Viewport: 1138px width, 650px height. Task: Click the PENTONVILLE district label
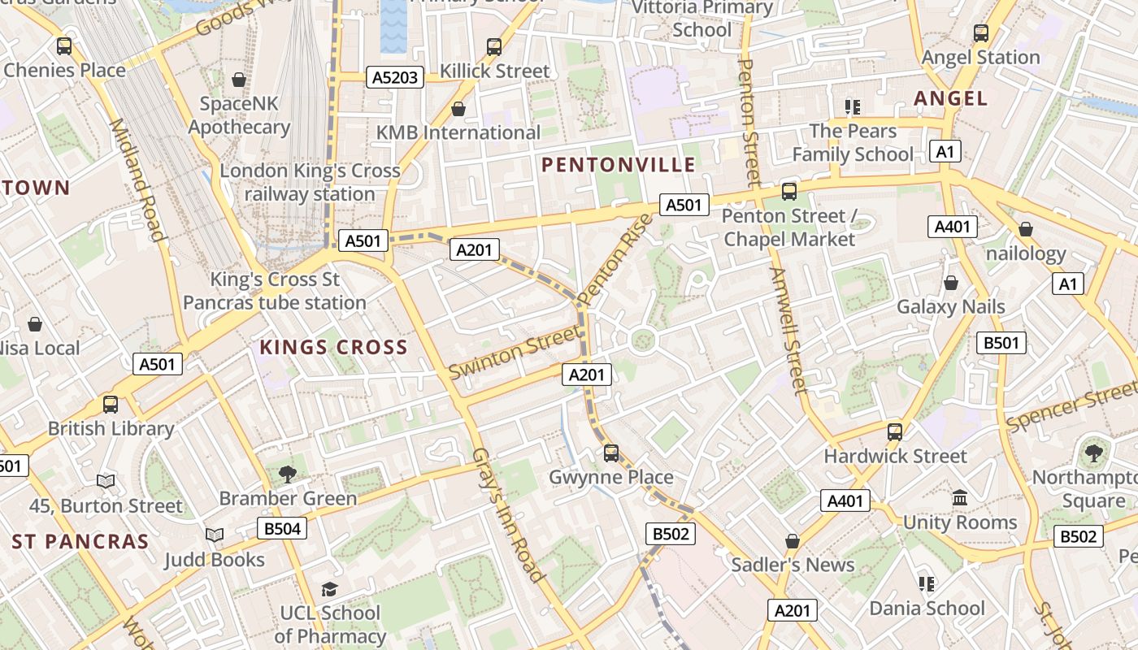(619, 165)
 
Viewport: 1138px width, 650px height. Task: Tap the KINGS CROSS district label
(333, 348)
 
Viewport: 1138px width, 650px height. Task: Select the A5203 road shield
(395, 77)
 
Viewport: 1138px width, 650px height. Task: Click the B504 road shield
(282, 529)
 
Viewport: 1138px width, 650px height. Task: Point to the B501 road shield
(1001, 343)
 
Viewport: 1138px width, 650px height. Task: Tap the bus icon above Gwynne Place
(611, 453)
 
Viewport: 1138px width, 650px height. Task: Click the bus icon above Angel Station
(981, 33)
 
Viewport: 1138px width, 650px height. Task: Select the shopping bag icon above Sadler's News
(793, 541)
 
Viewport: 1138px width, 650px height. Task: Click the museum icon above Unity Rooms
(959, 497)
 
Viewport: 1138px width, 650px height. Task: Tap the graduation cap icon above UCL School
(329, 588)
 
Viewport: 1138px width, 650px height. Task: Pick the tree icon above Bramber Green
(287, 473)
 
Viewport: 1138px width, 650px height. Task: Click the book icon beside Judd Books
(215, 535)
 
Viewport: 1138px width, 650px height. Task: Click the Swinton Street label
(515, 352)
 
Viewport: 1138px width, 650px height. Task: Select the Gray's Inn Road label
(508, 514)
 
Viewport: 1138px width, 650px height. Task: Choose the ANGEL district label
(950, 98)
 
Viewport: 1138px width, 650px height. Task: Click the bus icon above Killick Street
(494, 46)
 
